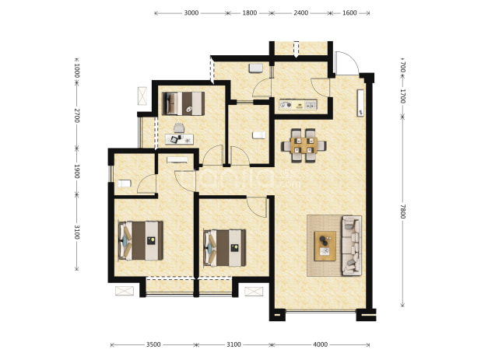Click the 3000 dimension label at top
point(191,13)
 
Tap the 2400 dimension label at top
point(300,13)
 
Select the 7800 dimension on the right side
point(402,211)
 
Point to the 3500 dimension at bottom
point(153,344)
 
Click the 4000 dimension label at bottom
point(320,344)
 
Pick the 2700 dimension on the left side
point(77,115)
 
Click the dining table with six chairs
point(304,145)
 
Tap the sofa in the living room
point(352,246)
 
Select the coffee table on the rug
point(325,246)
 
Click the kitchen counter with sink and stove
point(298,105)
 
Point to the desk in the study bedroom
point(179,139)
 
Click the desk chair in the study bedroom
point(179,128)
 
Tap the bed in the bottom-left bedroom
point(141,241)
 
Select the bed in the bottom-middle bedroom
point(225,248)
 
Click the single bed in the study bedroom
point(184,103)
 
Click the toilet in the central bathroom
point(259,135)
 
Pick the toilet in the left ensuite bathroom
point(125,183)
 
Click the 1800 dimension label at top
point(249,13)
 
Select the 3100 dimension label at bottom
point(233,344)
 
